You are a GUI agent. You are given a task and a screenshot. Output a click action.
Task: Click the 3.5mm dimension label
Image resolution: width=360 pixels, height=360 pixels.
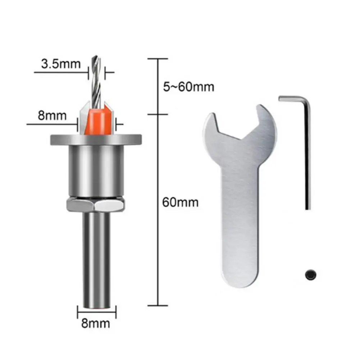pos(61,65)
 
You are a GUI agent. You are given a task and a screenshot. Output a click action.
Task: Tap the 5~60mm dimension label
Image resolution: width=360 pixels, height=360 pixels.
pos(188,87)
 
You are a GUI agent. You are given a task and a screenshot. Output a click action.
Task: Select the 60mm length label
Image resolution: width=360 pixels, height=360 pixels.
pos(180,202)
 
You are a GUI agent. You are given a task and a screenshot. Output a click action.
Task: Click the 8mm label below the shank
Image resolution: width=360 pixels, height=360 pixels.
pos(96,323)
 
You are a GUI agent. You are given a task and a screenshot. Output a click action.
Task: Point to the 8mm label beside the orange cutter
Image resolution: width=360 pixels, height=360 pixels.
pos(53,116)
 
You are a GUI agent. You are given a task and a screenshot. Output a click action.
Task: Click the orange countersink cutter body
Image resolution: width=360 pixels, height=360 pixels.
pos(96,121)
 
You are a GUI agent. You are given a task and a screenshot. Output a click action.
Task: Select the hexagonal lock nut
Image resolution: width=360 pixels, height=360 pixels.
pos(96,206)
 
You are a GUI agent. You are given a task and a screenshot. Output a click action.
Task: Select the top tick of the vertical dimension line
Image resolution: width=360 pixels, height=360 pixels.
pos(158,58)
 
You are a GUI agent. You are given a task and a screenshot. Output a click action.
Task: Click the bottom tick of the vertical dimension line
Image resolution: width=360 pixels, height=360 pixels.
pos(158,306)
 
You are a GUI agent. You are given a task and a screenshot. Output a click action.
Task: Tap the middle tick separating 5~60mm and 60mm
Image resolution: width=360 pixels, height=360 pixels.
pos(158,115)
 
